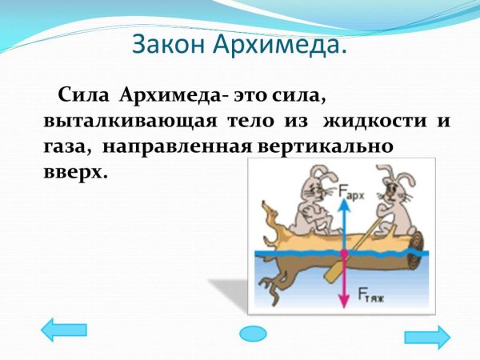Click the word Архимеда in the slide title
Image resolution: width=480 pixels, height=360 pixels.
click(281, 43)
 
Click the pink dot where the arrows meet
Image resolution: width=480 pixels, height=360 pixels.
click(343, 253)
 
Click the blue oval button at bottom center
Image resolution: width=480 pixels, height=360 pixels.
click(253, 333)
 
